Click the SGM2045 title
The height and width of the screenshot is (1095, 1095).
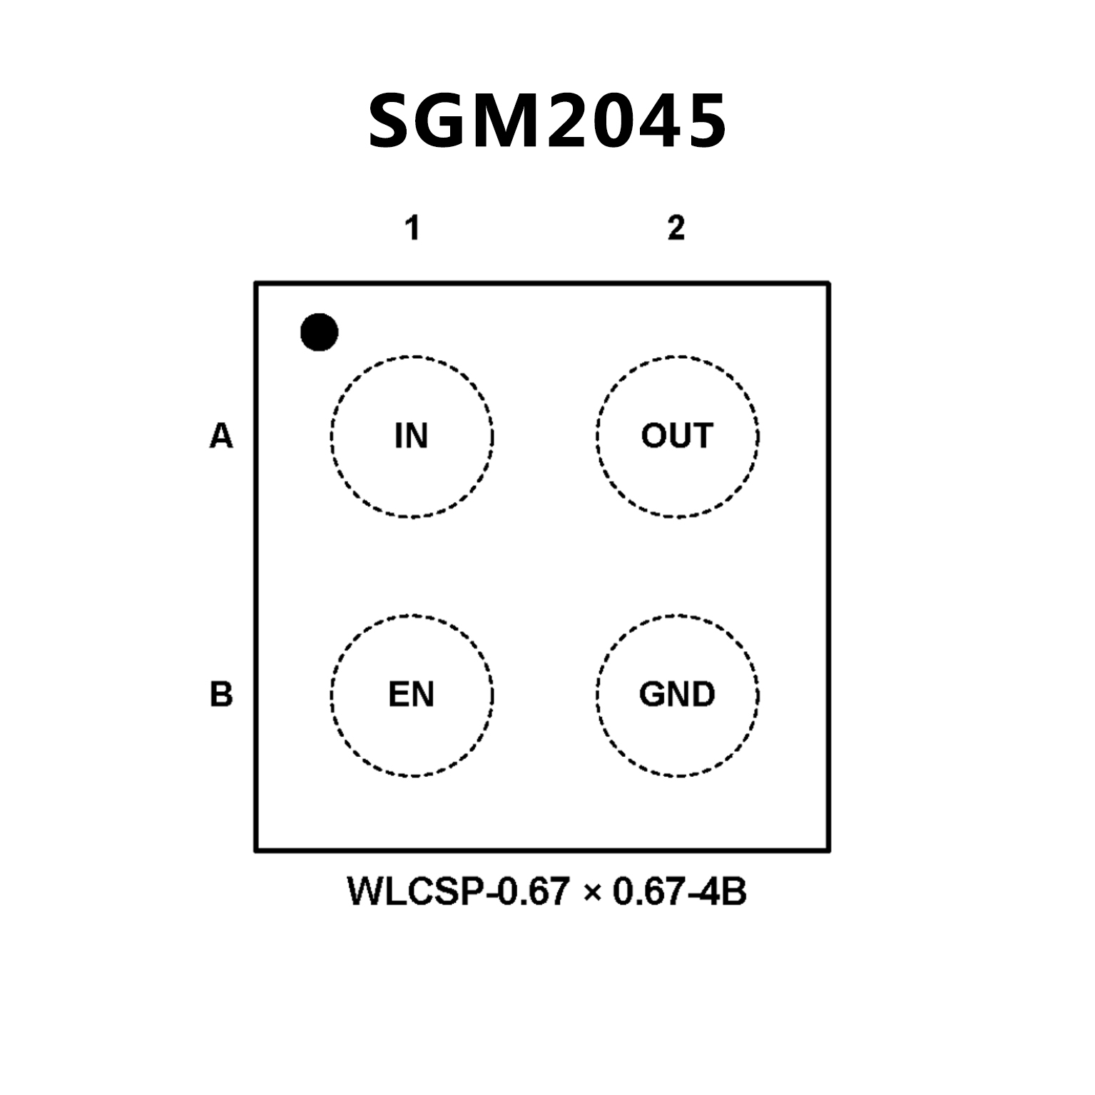[547, 121]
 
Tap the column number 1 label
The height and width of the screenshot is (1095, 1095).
[412, 228]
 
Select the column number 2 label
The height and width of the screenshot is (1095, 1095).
[676, 228]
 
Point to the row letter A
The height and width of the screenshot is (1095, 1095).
[221, 436]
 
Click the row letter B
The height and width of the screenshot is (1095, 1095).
[221, 694]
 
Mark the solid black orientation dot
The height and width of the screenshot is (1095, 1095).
[319, 332]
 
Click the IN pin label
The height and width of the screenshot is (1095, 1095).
[411, 436]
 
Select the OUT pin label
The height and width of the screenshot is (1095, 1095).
[677, 436]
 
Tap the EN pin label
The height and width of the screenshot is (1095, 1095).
[411, 694]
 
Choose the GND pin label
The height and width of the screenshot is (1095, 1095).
[677, 694]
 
